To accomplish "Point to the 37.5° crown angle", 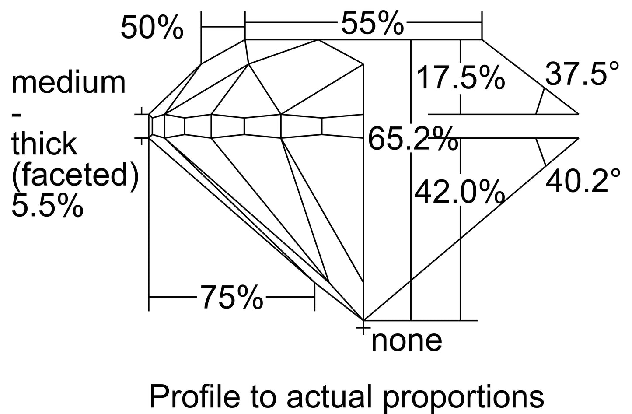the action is [x=582, y=73].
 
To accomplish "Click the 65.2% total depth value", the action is [x=413, y=139].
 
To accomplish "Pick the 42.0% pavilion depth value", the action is [x=459, y=192].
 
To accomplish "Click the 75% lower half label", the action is [x=232, y=297].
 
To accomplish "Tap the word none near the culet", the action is [x=407, y=342].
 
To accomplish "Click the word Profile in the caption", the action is [x=195, y=396].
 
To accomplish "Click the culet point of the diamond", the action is [x=363, y=320].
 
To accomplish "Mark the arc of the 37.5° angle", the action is [x=540, y=101].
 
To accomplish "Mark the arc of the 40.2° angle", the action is [x=541, y=152].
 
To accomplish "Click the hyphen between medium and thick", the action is [x=16, y=115].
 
